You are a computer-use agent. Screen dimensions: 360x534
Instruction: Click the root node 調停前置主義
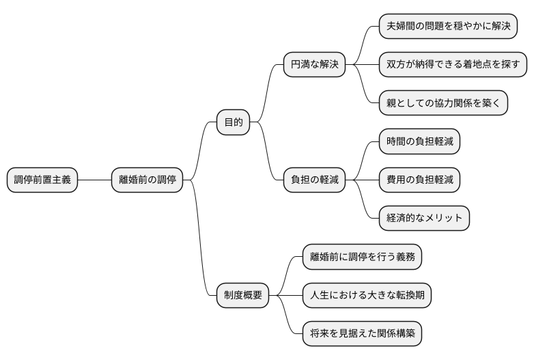tap(42, 180)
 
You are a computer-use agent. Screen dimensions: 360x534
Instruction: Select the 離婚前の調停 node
tap(147, 180)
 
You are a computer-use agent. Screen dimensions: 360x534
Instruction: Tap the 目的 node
tap(233, 123)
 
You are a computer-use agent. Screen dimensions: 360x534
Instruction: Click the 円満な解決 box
tap(315, 66)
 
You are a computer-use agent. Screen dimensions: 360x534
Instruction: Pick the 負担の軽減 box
tap(315, 180)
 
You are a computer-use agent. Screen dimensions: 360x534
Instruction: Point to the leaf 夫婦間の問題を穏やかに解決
tap(448, 27)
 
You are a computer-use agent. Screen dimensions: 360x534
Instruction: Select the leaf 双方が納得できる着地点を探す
tap(453, 66)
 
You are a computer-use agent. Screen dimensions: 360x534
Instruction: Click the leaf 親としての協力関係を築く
tap(443, 104)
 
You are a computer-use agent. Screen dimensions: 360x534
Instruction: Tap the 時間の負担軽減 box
tap(419, 142)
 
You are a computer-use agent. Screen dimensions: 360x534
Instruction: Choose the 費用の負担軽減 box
tap(419, 180)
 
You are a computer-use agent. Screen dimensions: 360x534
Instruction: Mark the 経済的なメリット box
tap(424, 219)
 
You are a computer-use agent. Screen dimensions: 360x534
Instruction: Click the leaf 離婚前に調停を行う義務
tap(362, 258)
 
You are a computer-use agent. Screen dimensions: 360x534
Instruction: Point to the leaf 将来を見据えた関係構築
tap(362, 334)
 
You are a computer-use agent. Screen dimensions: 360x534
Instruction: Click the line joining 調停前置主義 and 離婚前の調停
tap(95, 180)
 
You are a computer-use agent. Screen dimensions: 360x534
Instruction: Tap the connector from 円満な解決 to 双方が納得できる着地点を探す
tap(363, 66)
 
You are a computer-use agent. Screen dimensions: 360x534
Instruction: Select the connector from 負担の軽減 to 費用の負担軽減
tap(363, 180)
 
